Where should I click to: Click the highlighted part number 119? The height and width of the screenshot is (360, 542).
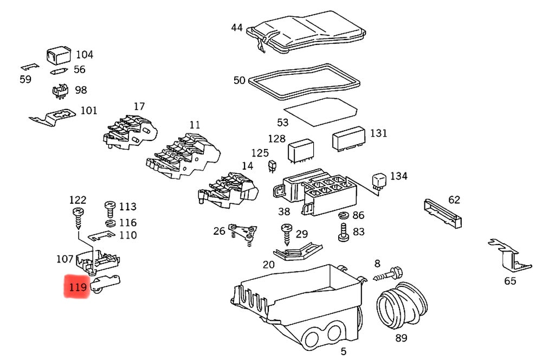pyautogui.click(x=76, y=286)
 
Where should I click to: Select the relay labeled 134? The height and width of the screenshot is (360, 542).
pyautogui.click(x=378, y=181)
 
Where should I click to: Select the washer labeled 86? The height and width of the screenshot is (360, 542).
pyautogui.click(x=344, y=216)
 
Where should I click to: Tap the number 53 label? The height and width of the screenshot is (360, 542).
pyautogui.click(x=283, y=123)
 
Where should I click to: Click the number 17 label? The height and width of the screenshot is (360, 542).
pyautogui.click(x=139, y=106)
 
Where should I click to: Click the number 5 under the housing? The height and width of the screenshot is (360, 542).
pyautogui.click(x=343, y=351)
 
